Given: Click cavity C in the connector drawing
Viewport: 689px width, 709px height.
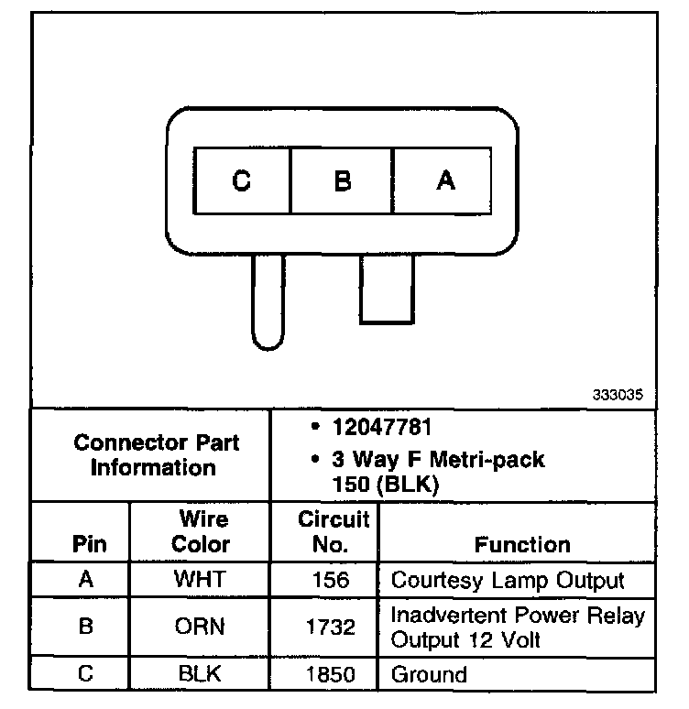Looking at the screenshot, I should (242, 180).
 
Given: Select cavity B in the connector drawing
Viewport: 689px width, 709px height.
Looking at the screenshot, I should (342, 180).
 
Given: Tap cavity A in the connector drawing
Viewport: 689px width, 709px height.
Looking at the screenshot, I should (444, 180).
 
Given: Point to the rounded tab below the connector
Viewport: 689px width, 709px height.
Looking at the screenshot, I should (268, 302).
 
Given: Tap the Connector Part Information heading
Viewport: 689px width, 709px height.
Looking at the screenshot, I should (156, 454).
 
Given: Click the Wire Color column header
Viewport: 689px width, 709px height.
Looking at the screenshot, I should (201, 532).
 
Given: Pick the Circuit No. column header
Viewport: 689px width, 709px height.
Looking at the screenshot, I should (334, 532).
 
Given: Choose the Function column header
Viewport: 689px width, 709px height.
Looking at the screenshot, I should (522, 544).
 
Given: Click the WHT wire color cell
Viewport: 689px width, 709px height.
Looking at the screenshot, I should (201, 581).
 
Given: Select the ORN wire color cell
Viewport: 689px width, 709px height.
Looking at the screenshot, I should (201, 627).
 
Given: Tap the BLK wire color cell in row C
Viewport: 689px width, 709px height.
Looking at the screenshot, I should (201, 675).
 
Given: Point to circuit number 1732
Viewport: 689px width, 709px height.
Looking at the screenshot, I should (330, 627).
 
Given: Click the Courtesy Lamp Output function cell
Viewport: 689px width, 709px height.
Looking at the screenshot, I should (508, 581).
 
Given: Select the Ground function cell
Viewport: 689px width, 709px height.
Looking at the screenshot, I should (429, 675).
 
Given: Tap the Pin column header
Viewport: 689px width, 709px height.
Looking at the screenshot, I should (89, 544).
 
